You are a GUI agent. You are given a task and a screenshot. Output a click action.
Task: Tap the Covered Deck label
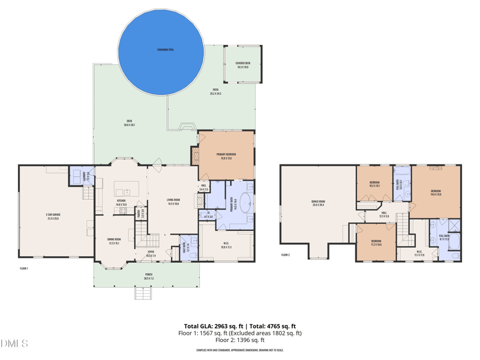tap(242, 65)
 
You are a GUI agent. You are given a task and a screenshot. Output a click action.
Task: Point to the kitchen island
tap(127, 187)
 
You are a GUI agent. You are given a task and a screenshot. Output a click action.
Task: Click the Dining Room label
tap(114, 241)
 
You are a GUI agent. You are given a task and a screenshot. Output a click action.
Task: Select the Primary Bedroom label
tap(226, 156)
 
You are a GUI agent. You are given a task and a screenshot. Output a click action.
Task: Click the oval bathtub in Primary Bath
tap(245, 208)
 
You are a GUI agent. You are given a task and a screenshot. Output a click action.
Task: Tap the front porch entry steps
tap(143, 293)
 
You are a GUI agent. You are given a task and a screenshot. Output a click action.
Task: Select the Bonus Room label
tap(317, 203)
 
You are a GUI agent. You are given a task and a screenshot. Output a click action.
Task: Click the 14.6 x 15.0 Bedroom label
tap(436, 192)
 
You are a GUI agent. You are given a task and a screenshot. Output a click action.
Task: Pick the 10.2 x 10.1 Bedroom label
tap(374, 184)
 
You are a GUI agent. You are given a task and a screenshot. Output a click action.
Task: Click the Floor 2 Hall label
tap(384, 214)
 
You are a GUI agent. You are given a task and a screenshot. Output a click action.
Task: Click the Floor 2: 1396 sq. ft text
tap(239, 340)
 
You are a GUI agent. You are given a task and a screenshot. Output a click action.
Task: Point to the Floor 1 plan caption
tap(24, 268)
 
